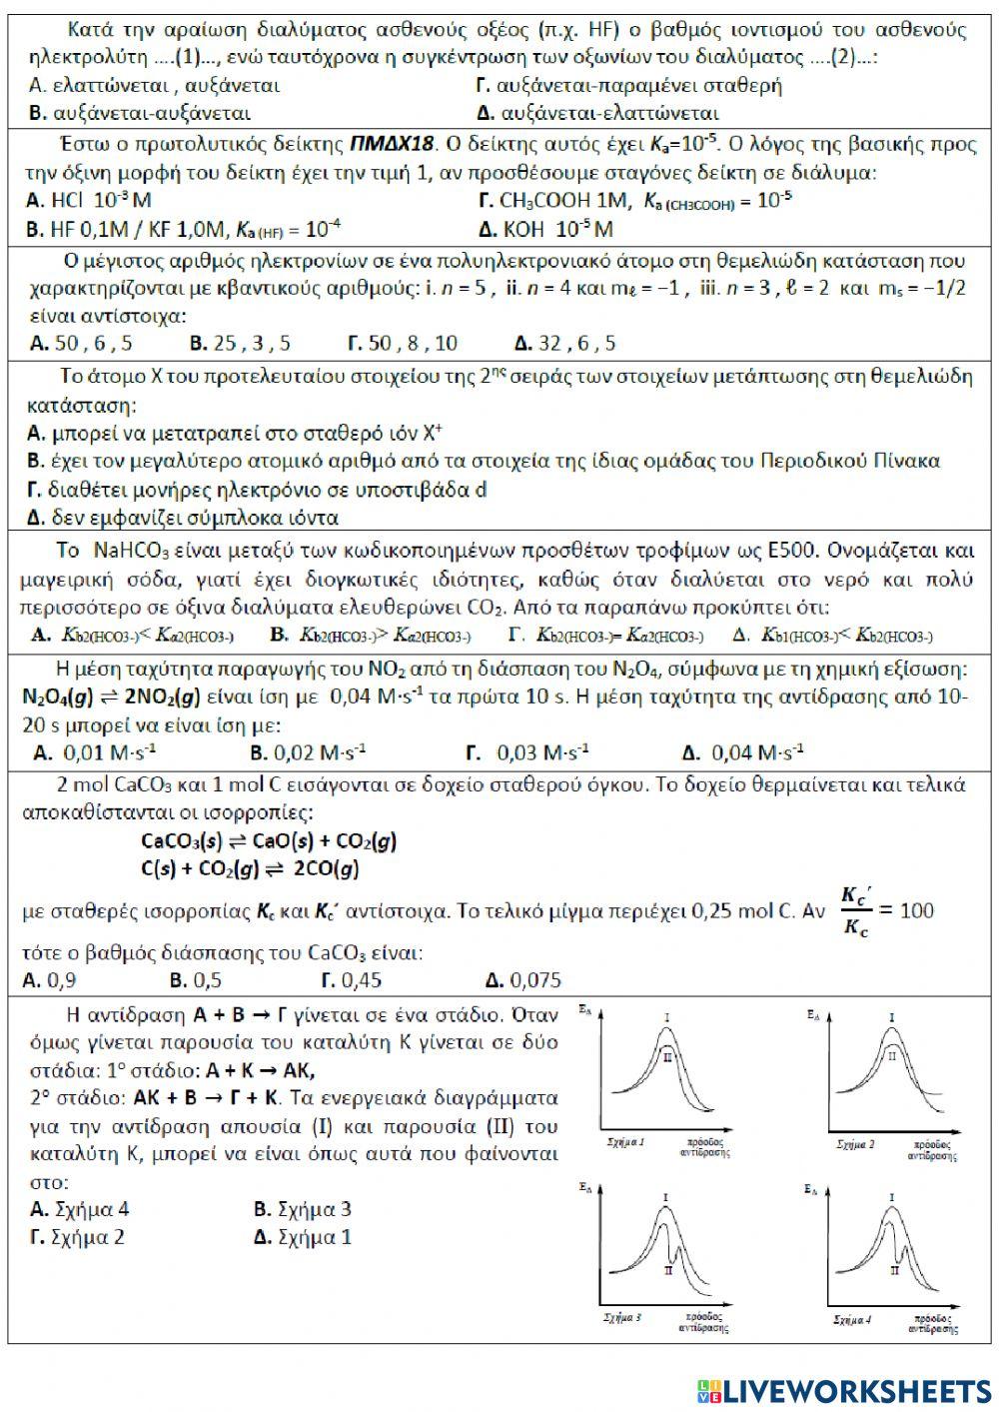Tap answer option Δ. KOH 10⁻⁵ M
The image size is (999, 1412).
point(545,230)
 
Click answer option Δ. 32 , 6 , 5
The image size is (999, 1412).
point(565,344)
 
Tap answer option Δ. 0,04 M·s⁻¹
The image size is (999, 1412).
point(742,752)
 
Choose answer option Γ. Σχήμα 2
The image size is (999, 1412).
point(78,1237)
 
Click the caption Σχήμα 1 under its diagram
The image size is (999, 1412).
point(625,1140)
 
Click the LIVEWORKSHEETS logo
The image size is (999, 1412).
point(844,1390)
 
